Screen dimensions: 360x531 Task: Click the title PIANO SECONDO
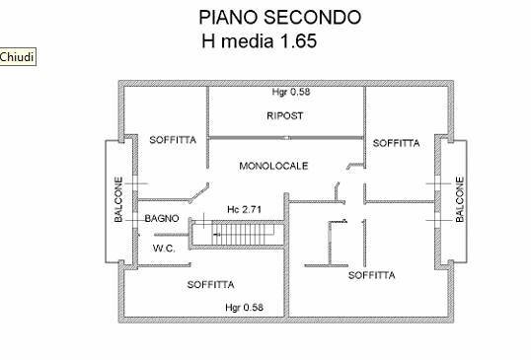point(279,18)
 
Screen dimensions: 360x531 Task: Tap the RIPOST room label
point(284,115)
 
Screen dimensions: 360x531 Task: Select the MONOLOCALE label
point(273,166)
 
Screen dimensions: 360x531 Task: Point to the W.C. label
point(163,249)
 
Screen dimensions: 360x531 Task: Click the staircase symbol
point(236,235)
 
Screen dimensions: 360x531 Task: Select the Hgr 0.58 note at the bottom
point(244,307)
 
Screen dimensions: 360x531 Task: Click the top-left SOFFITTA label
point(173,140)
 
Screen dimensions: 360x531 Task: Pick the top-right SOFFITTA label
point(396,143)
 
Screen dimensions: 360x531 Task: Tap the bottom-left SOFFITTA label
point(210,284)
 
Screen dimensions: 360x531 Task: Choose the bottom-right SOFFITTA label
point(372,276)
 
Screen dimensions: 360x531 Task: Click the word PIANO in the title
point(228,18)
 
